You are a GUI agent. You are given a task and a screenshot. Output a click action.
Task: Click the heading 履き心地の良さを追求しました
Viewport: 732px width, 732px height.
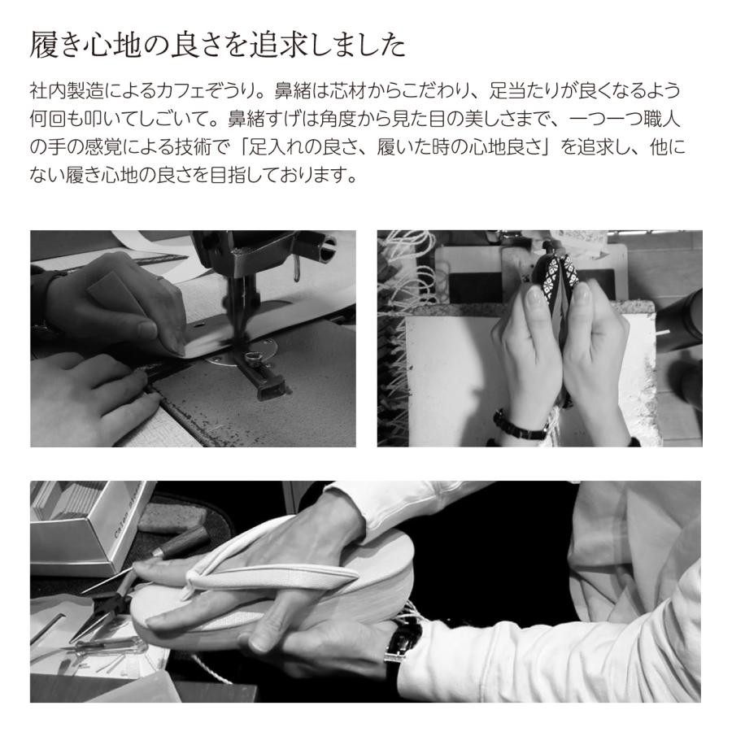point(217,46)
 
